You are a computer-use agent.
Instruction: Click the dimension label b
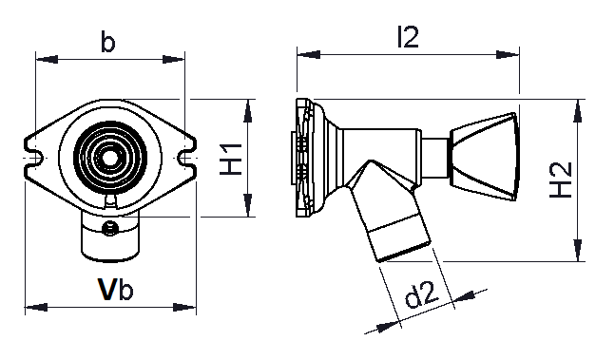click(x=107, y=42)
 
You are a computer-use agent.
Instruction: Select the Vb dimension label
click(x=116, y=290)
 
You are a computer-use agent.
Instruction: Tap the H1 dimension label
click(x=231, y=159)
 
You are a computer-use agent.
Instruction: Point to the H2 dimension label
click(x=561, y=180)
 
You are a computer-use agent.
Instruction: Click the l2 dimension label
click(x=408, y=37)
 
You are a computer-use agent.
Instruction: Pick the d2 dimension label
click(x=422, y=295)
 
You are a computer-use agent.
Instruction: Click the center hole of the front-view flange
click(x=109, y=158)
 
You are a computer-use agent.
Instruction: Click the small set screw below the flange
click(x=110, y=227)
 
